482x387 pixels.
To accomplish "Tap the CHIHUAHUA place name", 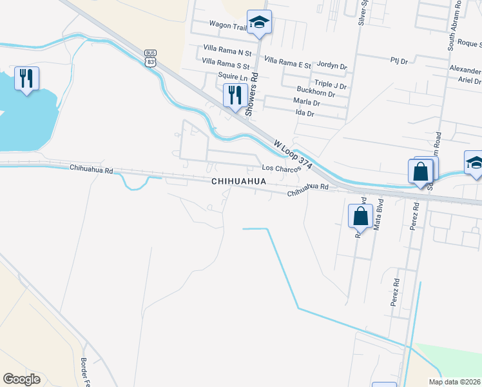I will point(238,183).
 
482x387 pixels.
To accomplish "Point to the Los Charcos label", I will point(281,168).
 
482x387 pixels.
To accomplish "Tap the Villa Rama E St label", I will point(287,61).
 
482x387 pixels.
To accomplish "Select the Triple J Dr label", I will point(331,85).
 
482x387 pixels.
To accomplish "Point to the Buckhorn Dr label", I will point(313,94).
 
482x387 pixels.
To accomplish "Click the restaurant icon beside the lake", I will point(26,79).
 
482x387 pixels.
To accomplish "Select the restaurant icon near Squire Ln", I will point(233,95).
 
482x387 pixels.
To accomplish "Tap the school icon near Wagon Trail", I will point(259,22).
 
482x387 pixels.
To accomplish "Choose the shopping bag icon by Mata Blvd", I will point(360,217).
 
